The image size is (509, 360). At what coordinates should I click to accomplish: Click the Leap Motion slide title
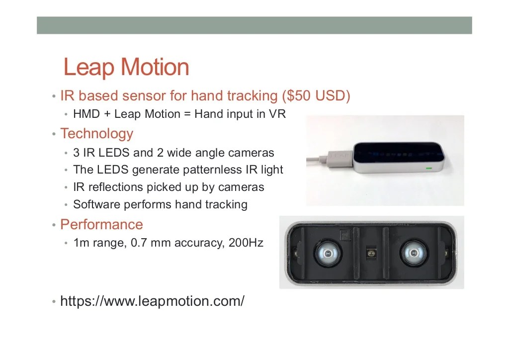coord(126,67)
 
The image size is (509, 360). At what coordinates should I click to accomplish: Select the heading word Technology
coord(97,134)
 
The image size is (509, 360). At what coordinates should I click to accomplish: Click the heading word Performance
coord(101,225)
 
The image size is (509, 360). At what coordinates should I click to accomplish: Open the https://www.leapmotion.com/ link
coord(152,301)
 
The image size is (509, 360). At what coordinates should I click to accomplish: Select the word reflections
coord(114,187)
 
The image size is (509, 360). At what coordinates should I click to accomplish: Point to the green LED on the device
coord(428,168)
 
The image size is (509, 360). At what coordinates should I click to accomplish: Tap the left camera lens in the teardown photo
coord(328,254)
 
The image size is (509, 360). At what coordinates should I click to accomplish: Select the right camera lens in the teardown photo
coord(414,254)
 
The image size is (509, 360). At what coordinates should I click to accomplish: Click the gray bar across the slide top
coord(254,25)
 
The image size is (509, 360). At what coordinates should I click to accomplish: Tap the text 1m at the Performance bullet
coord(81,244)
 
